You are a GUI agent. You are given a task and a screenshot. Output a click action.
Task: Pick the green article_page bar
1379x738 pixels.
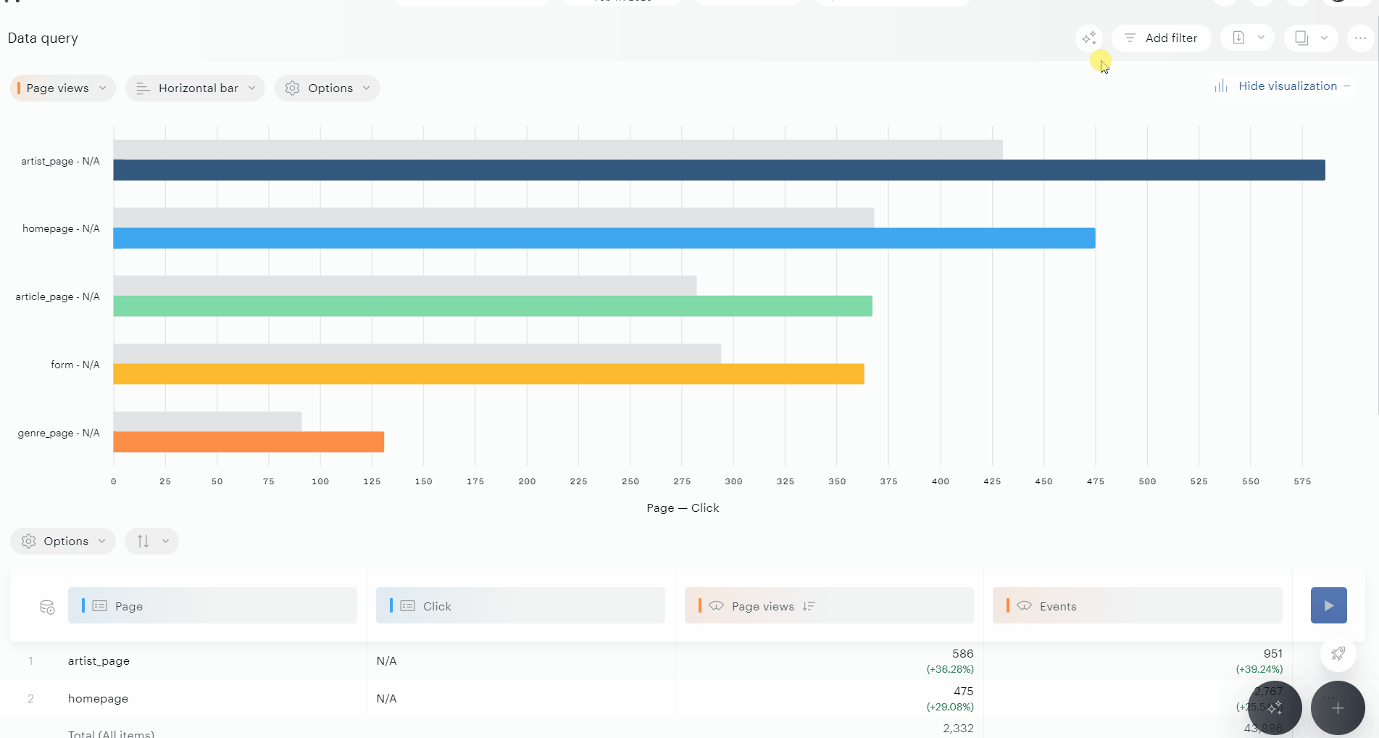point(493,306)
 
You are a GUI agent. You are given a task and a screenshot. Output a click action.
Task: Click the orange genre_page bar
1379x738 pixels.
point(249,442)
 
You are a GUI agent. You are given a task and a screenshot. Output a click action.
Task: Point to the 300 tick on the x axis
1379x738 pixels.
point(733,481)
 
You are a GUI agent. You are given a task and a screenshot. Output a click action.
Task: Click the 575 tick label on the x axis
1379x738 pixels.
point(1302,481)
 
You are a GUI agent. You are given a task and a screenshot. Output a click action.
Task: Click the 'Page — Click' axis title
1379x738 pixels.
point(683,508)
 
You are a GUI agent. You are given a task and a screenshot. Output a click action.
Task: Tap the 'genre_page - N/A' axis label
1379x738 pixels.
point(59,434)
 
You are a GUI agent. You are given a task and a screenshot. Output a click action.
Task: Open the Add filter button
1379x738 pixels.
point(1161,38)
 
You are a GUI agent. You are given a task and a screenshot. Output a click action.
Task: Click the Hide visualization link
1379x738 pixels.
point(1287,86)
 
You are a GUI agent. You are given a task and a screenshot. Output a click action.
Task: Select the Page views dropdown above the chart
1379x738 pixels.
point(62,88)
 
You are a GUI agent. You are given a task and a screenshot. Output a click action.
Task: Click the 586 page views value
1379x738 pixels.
point(962,654)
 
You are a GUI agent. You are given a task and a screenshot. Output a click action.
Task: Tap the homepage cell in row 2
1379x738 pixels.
point(98,699)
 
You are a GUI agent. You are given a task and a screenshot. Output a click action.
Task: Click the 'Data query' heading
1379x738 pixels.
point(43,38)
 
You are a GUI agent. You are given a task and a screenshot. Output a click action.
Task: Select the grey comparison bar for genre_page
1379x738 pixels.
point(207,421)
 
